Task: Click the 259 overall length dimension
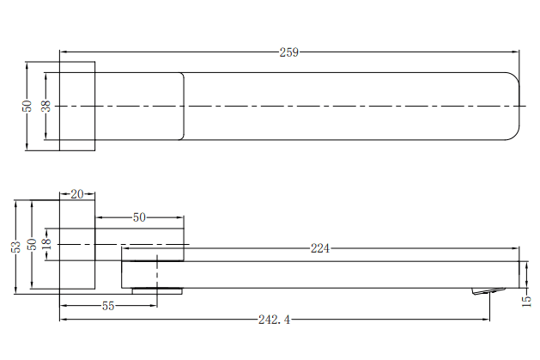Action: (x=288, y=52)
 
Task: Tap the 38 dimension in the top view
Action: (x=46, y=106)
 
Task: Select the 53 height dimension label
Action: (x=15, y=247)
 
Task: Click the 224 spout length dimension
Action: (x=319, y=249)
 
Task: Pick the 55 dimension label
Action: (x=108, y=306)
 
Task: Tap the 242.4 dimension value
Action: (x=274, y=320)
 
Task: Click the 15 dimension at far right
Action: (x=526, y=299)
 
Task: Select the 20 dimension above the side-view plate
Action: (x=77, y=194)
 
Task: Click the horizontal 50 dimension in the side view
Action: (x=139, y=217)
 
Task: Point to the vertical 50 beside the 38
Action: (x=27, y=106)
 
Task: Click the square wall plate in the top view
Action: (x=76, y=106)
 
